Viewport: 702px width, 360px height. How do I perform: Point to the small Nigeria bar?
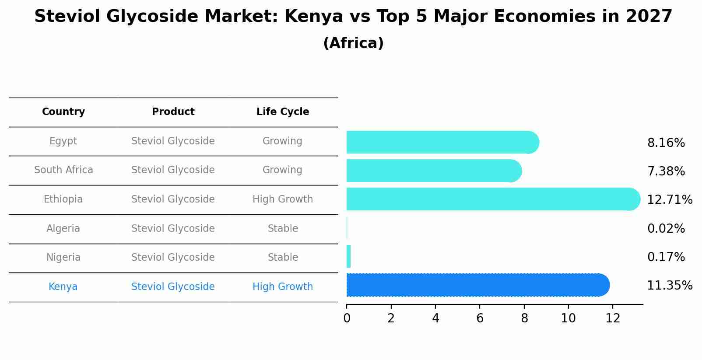(x=349, y=256)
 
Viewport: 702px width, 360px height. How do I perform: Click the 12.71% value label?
(x=669, y=200)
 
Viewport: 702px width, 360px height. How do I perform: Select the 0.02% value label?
(x=666, y=229)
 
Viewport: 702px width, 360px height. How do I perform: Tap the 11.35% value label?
(x=669, y=286)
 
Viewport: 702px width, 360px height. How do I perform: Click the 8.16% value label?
(x=666, y=143)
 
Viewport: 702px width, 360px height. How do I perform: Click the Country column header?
(x=63, y=112)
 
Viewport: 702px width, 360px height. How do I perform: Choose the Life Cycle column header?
(x=283, y=112)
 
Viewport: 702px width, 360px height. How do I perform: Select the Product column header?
(x=173, y=112)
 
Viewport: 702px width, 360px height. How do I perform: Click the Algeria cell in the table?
(x=63, y=229)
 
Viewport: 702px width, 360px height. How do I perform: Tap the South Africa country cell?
(x=63, y=170)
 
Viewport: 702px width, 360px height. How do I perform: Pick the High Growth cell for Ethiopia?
(x=283, y=199)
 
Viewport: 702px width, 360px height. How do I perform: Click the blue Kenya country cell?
(x=63, y=287)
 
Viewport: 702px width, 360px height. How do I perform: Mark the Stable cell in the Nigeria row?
(x=283, y=258)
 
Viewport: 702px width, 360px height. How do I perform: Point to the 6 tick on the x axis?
(x=480, y=318)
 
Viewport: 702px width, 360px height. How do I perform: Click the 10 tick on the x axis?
(x=568, y=318)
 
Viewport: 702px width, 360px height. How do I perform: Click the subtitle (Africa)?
(x=353, y=43)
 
